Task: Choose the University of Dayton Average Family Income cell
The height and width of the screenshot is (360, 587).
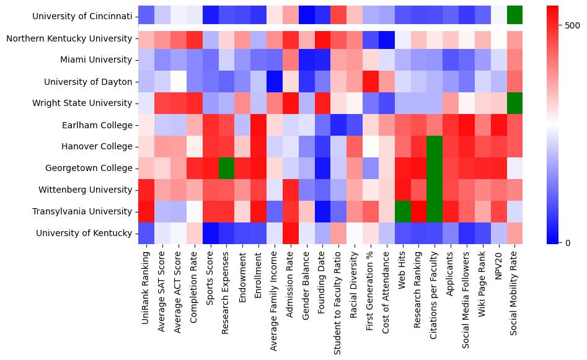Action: [x=275, y=82]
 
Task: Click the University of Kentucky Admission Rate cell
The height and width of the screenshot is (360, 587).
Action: [x=291, y=234]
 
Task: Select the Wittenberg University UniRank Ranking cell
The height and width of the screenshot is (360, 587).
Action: [x=146, y=190]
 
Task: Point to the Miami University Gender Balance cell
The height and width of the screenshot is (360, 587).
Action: [x=306, y=60]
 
